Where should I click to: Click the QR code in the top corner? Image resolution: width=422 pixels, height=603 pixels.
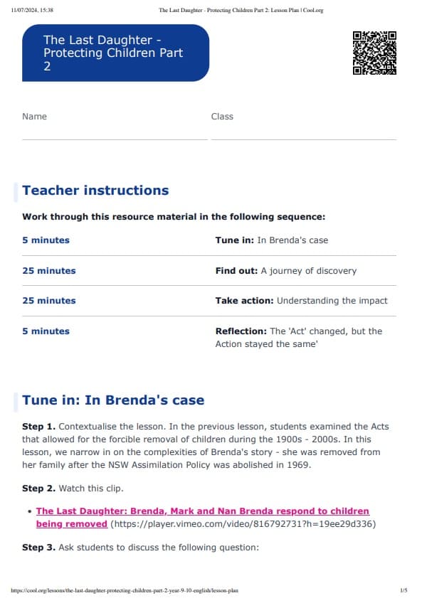[374, 53]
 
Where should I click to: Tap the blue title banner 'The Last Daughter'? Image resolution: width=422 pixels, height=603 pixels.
[115, 53]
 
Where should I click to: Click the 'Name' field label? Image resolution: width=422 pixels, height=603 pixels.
[34, 117]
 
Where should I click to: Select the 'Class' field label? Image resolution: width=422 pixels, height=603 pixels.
[222, 117]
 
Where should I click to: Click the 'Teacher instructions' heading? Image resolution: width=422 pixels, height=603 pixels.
[95, 191]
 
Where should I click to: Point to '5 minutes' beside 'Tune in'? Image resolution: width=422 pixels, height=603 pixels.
[46, 240]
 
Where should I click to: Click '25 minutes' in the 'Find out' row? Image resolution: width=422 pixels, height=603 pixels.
[48, 271]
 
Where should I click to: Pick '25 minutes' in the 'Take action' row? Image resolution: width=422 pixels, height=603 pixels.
[48, 301]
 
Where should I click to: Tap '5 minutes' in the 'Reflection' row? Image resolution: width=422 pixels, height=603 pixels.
[46, 331]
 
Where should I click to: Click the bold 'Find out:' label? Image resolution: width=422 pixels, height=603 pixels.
[236, 271]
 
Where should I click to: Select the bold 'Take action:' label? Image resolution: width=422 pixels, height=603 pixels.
[244, 301]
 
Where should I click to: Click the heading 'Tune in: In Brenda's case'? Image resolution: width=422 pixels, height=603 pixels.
[113, 400]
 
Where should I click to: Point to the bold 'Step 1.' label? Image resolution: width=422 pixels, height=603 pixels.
[38, 427]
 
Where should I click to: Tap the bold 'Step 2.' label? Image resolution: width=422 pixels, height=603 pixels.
[38, 489]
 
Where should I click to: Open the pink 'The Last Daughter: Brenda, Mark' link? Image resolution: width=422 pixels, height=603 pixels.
[202, 511]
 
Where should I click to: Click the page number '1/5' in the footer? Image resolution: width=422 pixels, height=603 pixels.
[403, 590]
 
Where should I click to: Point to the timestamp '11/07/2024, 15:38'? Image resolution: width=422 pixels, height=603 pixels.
[32, 10]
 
